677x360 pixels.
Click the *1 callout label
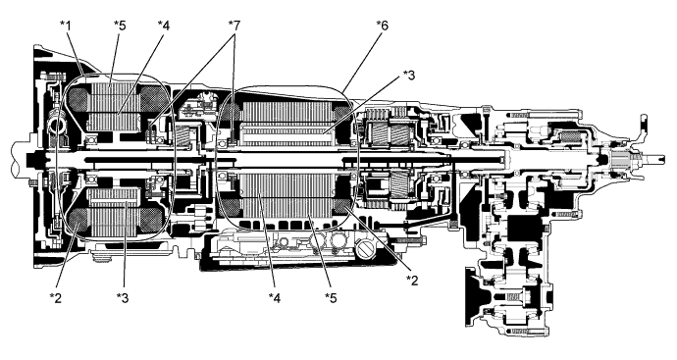click(65, 26)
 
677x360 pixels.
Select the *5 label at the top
click(120, 26)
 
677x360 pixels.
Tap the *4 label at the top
click(163, 26)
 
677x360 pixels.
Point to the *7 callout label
click(234, 26)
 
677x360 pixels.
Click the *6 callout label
click(382, 26)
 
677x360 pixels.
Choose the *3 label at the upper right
click(408, 76)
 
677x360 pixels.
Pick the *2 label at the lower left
click(56, 297)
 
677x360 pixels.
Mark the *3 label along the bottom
click(123, 297)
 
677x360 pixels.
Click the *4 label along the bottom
click(275, 297)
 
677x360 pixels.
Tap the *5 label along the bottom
click(331, 297)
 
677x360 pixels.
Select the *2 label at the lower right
click(412, 281)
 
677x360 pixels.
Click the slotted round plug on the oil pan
click(365, 249)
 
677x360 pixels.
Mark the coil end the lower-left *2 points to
click(78, 220)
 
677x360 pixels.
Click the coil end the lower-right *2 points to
click(343, 208)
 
